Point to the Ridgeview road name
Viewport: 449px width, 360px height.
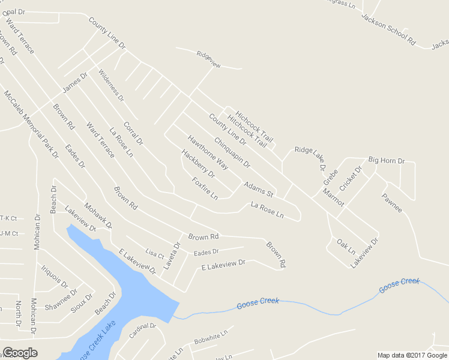[x=209, y=54]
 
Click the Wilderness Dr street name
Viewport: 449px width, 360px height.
[x=111, y=86]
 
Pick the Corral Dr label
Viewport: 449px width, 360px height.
[x=133, y=134]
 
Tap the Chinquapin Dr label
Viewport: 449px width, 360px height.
[x=232, y=152]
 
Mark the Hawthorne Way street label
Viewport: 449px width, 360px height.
[x=208, y=151]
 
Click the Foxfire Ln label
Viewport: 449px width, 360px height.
[x=205, y=188]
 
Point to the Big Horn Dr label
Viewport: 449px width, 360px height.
[x=387, y=161]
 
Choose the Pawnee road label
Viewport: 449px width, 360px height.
[x=391, y=202]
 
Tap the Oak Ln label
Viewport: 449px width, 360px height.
[x=346, y=245]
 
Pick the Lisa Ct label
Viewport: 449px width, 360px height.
[x=154, y=253]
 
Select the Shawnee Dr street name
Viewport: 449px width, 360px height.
[x=61, y=299]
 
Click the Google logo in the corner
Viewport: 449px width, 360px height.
[x=20, y=353]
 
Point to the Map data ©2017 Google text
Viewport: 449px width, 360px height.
[x=412, y=355]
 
